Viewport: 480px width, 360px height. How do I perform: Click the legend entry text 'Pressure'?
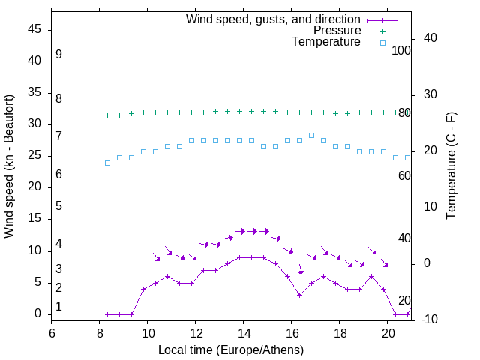[337, 31]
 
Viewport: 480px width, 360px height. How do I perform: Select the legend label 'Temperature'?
[326, 42]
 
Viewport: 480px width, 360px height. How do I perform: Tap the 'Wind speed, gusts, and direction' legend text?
[274, 19]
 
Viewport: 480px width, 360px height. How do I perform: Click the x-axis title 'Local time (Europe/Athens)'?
[231, 349]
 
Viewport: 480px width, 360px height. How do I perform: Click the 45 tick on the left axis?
[34, 30]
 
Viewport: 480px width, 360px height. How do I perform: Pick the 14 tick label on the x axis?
[244, 332]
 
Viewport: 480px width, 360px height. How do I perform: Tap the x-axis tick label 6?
[52, 332]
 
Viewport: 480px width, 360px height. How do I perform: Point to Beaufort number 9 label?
[58, 55]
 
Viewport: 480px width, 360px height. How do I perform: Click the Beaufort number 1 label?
[58, 306]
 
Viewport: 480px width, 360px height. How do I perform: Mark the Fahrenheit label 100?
[402, 51]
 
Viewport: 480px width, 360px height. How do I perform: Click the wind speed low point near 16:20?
[299, 295]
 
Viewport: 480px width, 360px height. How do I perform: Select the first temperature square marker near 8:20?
[107, 163]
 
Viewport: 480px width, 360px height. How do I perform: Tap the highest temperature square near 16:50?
[311, 135]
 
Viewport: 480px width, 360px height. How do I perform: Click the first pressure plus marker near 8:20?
[107, 115]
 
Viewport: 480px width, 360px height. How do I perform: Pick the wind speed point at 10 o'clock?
[143, 289]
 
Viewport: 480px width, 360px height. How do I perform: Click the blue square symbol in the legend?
[382, 43]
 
